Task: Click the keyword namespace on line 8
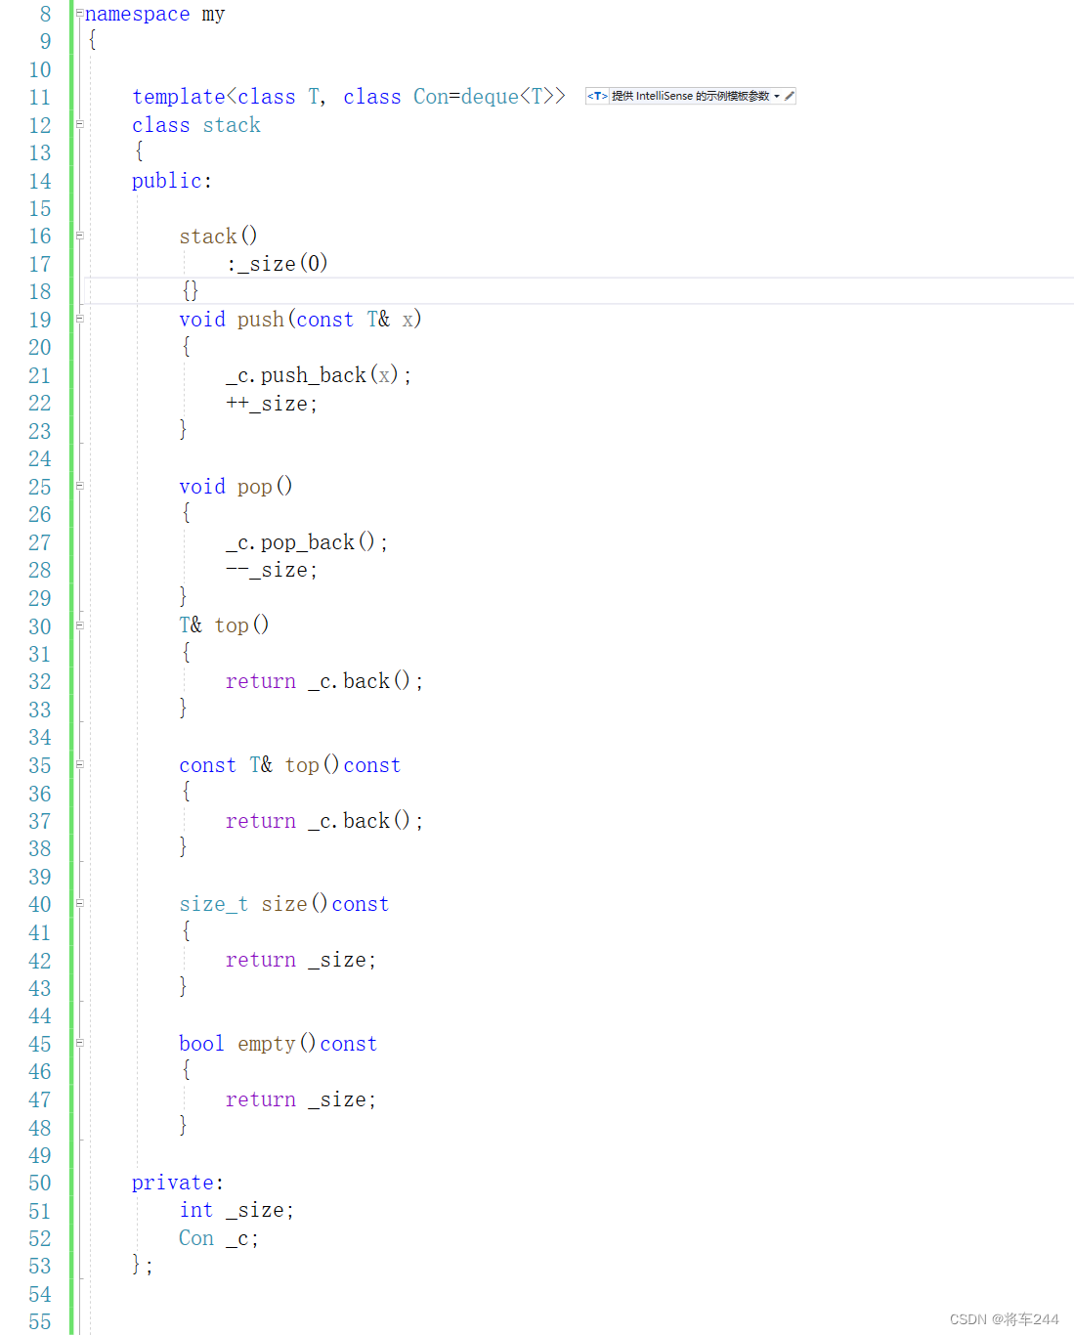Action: click(137, 15)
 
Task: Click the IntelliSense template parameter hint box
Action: click(690, 96)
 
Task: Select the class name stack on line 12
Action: click(232, 125)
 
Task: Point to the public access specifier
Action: click(167, 181)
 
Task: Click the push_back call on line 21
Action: click(313, 375)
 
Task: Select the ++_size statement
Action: click(272, 404)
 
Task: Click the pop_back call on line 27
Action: click(307, 542)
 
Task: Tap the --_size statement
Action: click(272, 570)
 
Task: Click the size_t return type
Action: click(213, 905)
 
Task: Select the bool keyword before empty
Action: click(201, 1044)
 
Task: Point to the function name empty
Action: click(266, 1044)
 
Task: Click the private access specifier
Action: click(173, 1183)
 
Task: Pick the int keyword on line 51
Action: click(195, 1211)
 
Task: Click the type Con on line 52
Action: click(195, 1238)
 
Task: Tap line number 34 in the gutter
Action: click(39, 738)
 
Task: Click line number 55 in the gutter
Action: click(39, 1321)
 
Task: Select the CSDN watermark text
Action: click(1004, 1319)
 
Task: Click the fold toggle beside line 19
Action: click(80, 319)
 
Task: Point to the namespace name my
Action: click(213, 15)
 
